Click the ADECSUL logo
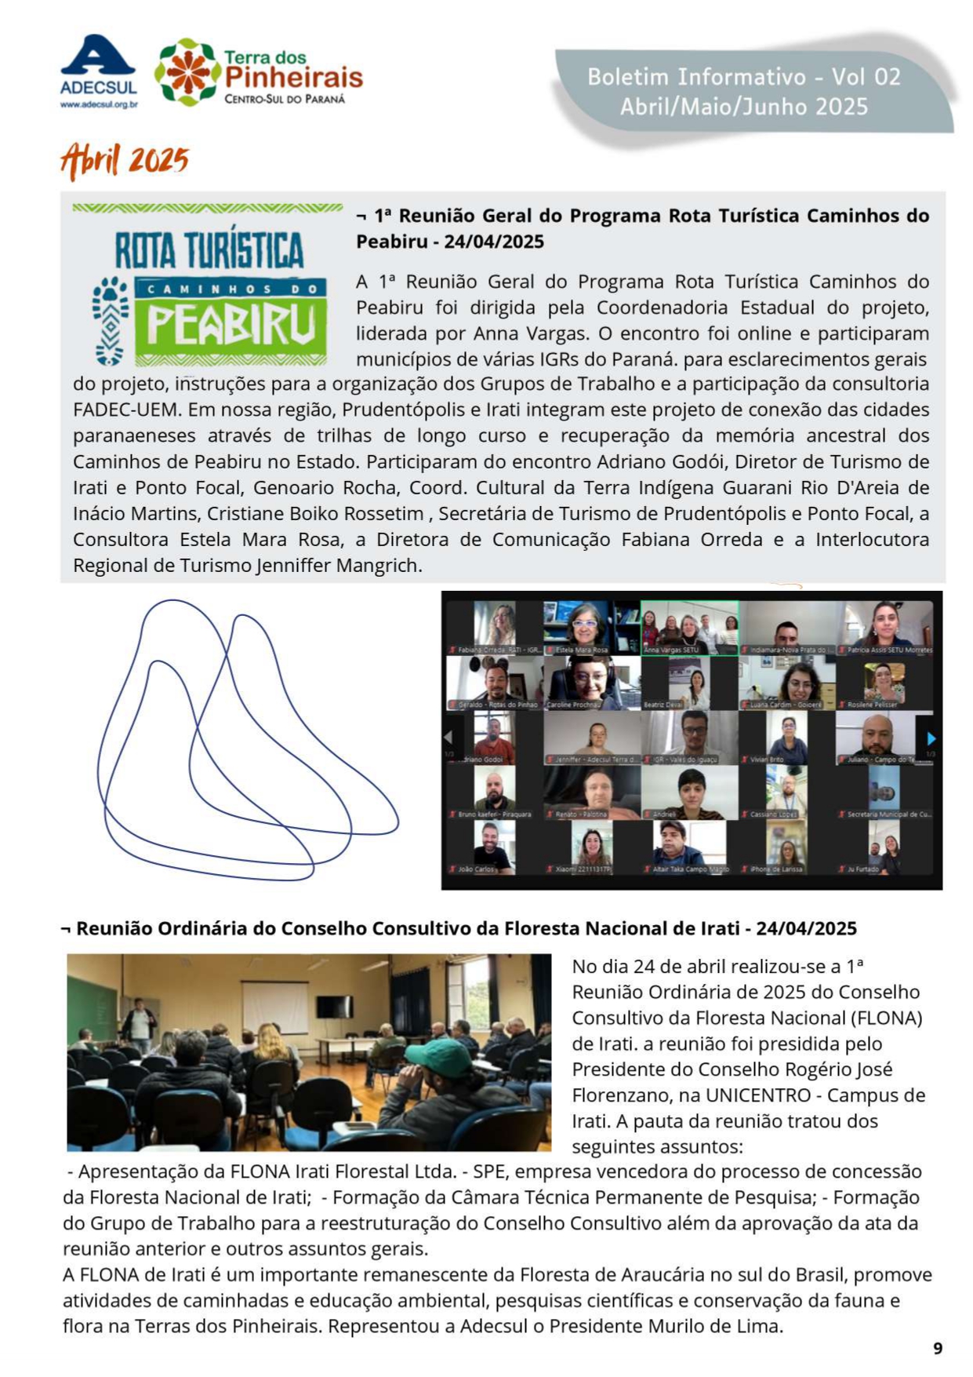[x=99, y=69]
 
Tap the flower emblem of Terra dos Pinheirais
[x=187, y=72]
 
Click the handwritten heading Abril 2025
[x=125, y=161]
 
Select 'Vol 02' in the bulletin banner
[x=866, y=77]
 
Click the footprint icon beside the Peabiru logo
[x=111, y=320]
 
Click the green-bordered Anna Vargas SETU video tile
[x=689, y=627]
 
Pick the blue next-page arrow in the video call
[x=931, y=738]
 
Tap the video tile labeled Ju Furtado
[x=884, y=847]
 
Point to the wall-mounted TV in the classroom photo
[x=334, y=1006]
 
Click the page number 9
[x=938, y=1348]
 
